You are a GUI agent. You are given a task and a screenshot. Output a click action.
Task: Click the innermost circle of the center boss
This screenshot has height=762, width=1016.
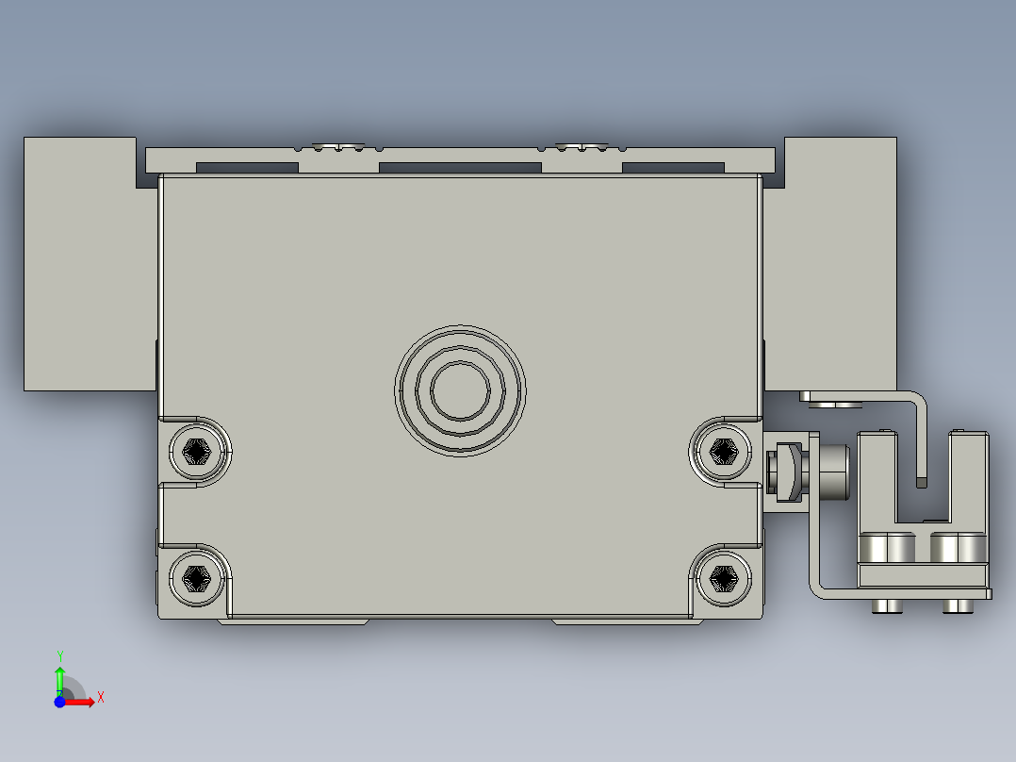[460, 390]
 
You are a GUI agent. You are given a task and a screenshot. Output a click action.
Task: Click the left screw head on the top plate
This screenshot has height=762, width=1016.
[339, 146]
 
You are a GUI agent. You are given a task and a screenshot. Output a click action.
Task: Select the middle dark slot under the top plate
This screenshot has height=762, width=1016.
[460, 168]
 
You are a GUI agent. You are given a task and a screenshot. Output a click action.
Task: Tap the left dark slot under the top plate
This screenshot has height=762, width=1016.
[247, 168]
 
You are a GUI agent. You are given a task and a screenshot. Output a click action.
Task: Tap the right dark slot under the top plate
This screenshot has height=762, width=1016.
[673, 168]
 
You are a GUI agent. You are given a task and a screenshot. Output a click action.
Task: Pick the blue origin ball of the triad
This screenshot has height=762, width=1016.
[59, 702]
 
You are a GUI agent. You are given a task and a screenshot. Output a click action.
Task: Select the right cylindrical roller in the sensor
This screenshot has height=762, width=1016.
[958, 549]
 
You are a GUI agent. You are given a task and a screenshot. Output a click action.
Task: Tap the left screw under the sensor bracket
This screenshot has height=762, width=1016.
[887, 605]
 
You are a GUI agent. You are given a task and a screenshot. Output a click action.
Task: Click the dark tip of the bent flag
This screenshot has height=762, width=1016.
[922, 482]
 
